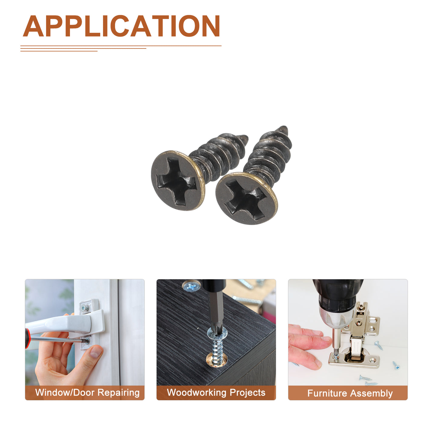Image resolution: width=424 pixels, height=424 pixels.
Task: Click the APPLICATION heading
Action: pos(121,26)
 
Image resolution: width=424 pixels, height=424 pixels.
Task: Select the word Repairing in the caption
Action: pos(118,393)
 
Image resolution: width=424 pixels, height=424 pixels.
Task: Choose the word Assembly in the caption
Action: pos(371,393)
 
